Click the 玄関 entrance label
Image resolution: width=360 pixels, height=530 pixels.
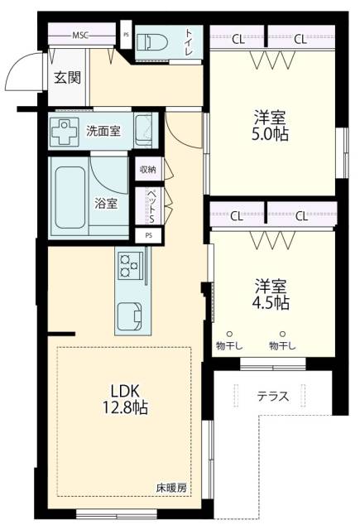coord(68,78)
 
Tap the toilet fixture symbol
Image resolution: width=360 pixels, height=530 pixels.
coord(152,42)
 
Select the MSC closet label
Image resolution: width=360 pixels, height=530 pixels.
coord(80,35)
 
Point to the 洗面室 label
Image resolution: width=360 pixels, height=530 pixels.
coord(103,131)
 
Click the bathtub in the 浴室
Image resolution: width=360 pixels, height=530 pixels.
coord(70,197)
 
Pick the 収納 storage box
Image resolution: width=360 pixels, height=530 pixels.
coord(148,169)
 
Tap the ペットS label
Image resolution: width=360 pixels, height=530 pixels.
coord(151,206)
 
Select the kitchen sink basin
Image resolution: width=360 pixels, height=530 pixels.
coord(129,316)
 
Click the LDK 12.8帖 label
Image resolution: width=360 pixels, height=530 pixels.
coord(125,399)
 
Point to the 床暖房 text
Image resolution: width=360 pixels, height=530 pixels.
coord(171,488)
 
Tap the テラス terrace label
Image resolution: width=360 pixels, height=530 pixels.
coord(273,396)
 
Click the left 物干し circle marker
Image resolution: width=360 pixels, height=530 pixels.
coord(229,334)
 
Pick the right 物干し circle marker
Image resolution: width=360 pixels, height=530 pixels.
coord(283,334)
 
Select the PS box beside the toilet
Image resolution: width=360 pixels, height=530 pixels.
coord(126,34)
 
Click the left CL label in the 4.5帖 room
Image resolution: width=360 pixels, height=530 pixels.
coord(237,216)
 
